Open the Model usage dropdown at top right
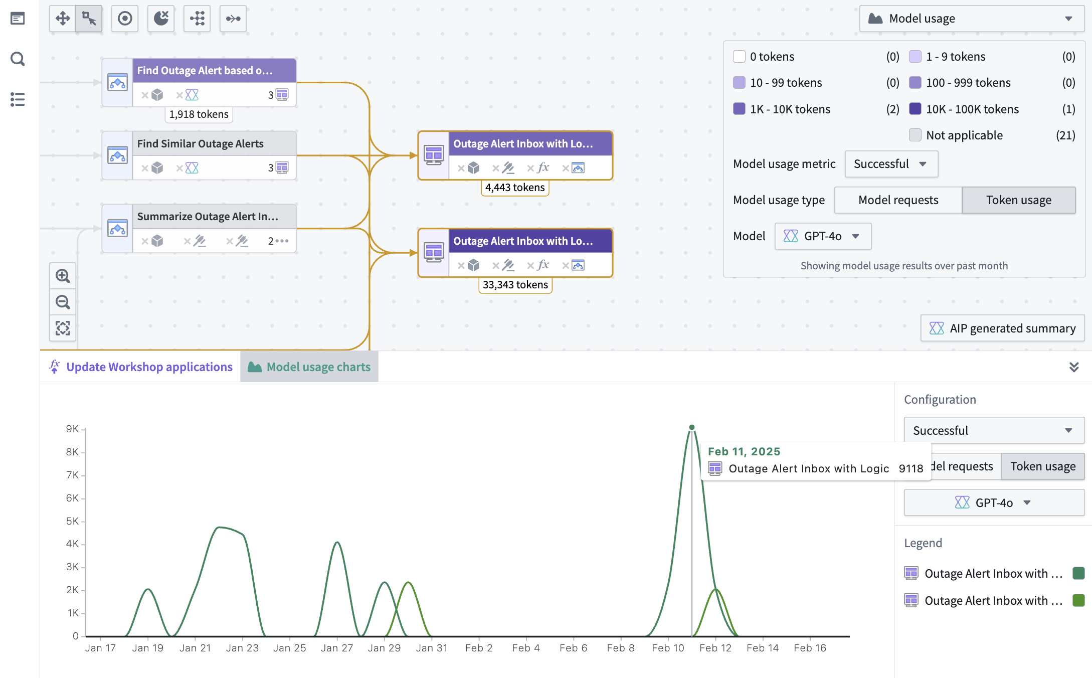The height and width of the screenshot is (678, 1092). click(x=971, y=19)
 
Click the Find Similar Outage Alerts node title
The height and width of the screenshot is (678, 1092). click(x=200, y=144)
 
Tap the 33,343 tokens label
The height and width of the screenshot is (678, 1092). click(x=515, y=285)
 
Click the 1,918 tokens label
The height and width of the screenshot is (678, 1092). click(x=199, y=114)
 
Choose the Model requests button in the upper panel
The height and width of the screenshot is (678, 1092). click(x=898, y=200)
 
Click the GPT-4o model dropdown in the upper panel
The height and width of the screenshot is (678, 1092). click(x=823, y=236)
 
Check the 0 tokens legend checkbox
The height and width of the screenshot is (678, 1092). click(x=739, y=56)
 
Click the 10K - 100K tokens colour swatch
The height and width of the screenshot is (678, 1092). click(x=915, y=109)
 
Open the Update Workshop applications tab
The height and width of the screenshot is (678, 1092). click(x=141, y=367)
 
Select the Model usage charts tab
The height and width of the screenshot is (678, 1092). click(x=309, y=367)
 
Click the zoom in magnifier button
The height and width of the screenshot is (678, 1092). click(x=63, y=276)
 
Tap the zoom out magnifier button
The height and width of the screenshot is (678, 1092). click(x=63, y=302)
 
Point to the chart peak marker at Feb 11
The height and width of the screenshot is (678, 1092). click(x=692, y=427)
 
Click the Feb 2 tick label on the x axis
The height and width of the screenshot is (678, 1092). click(x=478, y=648)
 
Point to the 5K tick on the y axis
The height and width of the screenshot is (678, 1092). click(x=73, y=521)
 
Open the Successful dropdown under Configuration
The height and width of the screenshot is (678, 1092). click(x=993, y=430)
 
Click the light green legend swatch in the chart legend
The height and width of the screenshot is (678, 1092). click(x=1078, y=600)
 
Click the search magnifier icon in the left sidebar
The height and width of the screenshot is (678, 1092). click(x=18, y=59)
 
